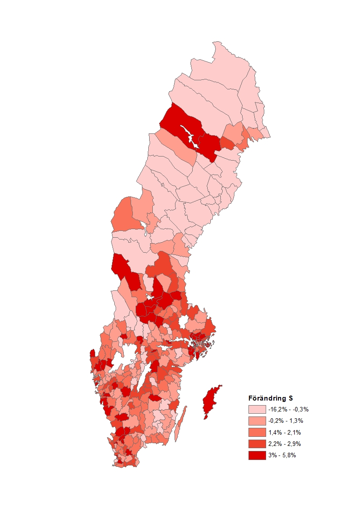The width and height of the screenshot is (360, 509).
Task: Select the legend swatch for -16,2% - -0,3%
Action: [x=257, y=409]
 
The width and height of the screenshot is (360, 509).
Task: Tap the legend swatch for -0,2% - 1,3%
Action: [x=257, y=421]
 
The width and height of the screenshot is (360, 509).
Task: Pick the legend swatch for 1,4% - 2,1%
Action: [x=257, y=432]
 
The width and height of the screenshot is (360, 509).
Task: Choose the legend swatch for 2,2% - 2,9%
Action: [x=257, y=444]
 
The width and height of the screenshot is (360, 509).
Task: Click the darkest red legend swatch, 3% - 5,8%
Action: [x=257, y=455]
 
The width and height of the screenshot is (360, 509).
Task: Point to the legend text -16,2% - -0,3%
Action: [x=288, y=409]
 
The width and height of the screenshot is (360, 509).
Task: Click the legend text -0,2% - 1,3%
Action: [x=285, y=421]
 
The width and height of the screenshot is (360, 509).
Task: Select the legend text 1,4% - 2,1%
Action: [x=284, y=432]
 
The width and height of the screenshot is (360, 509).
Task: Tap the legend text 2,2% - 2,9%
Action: [x=284, y=444]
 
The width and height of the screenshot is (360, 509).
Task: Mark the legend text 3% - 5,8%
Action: [x=282, y=455]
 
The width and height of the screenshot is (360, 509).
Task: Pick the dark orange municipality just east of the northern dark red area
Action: [x=227, y=143]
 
